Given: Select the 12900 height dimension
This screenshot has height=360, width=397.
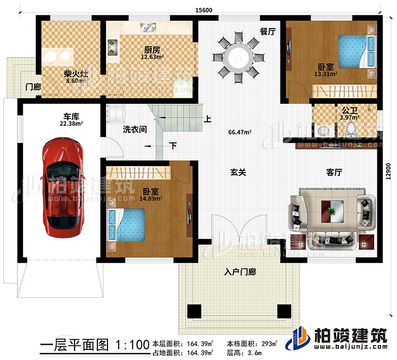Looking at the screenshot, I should click(x=390, y=171).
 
